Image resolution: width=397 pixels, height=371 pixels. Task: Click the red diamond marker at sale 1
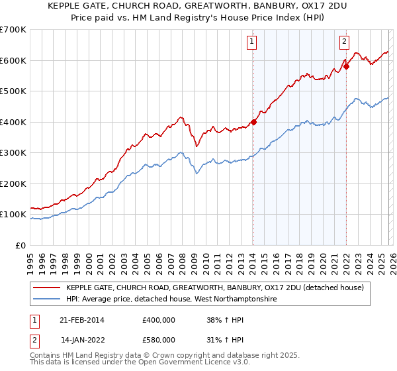point(253,122)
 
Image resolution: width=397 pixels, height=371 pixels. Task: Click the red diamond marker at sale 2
point(346,66)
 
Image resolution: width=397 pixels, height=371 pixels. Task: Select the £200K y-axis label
point(13,184)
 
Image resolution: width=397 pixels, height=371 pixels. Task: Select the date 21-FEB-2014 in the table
point(82,319)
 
